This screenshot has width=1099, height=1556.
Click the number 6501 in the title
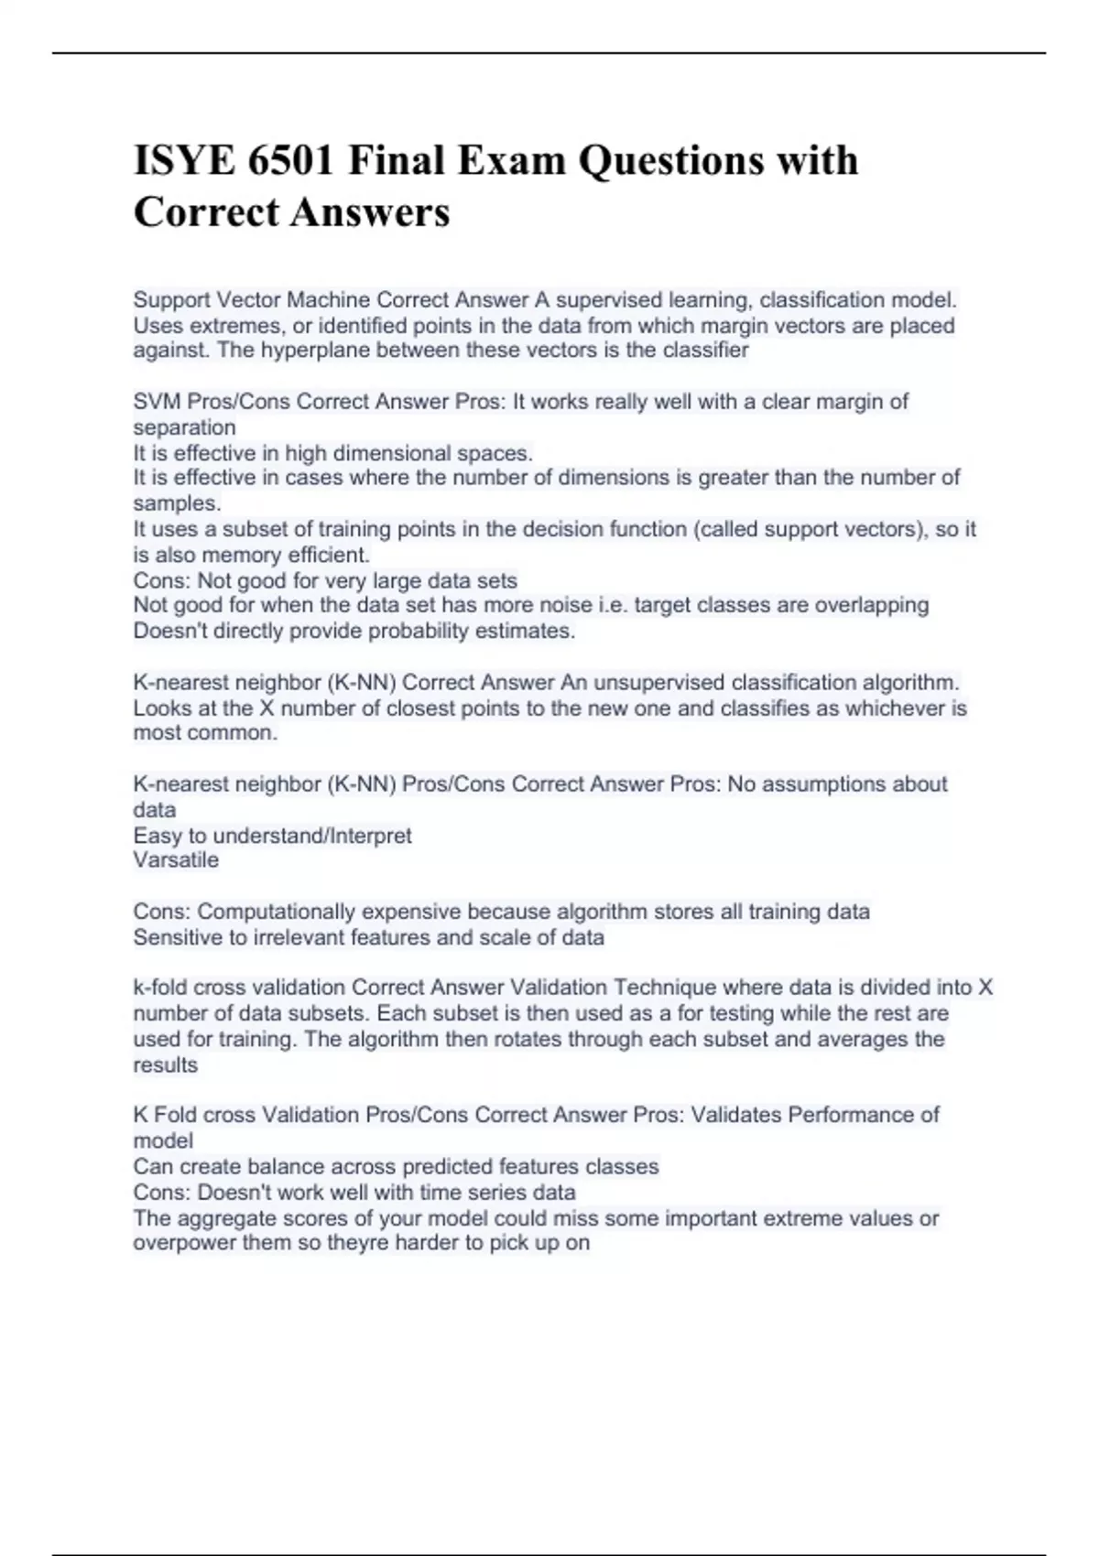290,160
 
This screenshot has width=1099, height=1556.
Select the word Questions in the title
672,160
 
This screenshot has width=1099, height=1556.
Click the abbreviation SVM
157,402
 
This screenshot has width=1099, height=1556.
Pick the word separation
184,427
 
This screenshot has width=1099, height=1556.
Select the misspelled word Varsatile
176,860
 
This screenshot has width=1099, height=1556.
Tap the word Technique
665,988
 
